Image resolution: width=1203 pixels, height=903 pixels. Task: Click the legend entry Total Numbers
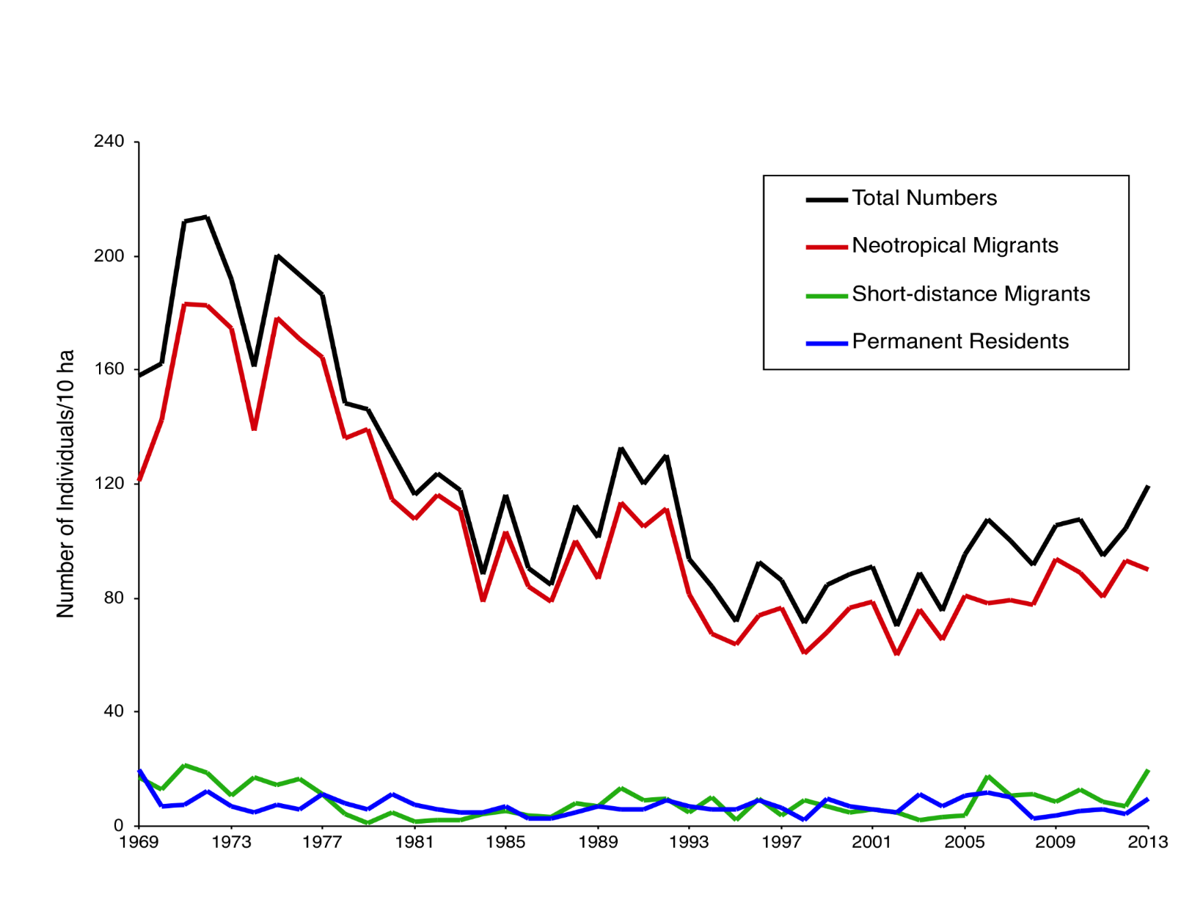(x=924, y=198)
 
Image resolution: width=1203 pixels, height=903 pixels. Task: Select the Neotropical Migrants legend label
(x=955, y=246)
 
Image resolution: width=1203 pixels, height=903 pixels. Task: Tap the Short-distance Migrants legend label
(x=970, y=294)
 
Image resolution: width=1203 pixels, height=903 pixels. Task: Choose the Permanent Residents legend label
(x=960, y=341)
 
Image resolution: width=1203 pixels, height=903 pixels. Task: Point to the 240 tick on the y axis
(x=109, y=142)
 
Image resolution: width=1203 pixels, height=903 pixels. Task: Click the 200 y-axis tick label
(x=109, y=256)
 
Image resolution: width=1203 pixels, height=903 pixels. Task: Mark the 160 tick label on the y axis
(x=109, y=369)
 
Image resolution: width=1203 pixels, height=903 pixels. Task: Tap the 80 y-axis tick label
(x=114, y=598)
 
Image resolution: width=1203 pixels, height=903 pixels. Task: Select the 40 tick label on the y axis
(x=114, y=711)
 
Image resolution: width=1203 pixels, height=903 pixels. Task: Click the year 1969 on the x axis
(x=139, y=842)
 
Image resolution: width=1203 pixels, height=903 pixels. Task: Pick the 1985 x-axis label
(x=505, y=842)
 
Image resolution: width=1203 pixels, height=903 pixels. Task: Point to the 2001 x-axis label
(x=871, y=842)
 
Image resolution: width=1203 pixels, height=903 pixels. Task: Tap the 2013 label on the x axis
(x=1148, y=842)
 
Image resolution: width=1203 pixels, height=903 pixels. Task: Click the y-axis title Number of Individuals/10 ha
(x=65, y=484)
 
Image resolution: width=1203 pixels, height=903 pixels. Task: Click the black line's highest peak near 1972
(x=207, y=217)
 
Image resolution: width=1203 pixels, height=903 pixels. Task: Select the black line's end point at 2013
(x=1148, y=487)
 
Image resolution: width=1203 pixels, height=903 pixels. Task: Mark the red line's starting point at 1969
(x=139, y=480)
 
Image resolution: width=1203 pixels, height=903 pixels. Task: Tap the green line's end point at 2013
(x=1148, y=771)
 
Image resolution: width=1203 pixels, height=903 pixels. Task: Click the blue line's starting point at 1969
(x=139, y=771)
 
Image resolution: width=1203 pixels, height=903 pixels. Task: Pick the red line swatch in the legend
(x=827, y=247)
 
